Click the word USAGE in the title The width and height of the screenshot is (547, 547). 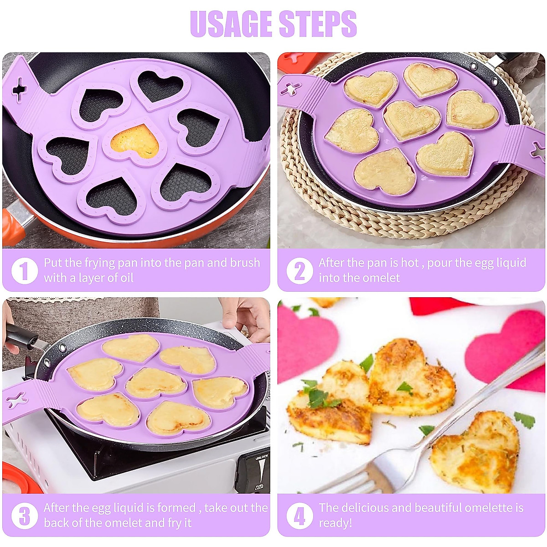coord(232,24)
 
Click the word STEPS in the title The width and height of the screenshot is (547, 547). coord(318,24)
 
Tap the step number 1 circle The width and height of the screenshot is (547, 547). coord(25,271)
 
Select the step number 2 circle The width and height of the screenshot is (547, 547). coord(299,271)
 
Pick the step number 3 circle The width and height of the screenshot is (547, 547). coord(25,516)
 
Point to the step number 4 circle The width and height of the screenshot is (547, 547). coord(299,516)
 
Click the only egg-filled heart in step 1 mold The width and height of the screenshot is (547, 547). coord(135,140)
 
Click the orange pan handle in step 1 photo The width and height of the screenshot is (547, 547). coord(14,223)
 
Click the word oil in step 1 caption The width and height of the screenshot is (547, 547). coord(125,278)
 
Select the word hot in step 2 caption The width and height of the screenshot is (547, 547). coord(409,263)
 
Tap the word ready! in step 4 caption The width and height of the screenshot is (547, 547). coord(335,523)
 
